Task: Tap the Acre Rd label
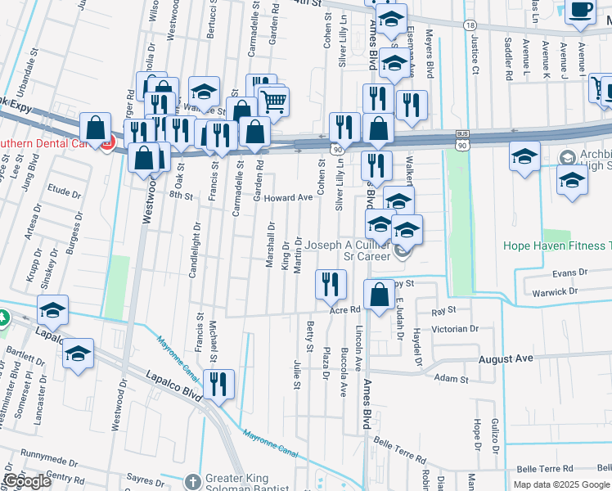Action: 344,310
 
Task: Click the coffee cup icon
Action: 580,11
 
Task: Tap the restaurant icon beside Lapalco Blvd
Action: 218,384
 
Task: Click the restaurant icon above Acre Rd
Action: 330,284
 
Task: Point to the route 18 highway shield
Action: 470,26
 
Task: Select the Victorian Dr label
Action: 455,328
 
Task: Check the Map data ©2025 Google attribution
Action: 560,484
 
